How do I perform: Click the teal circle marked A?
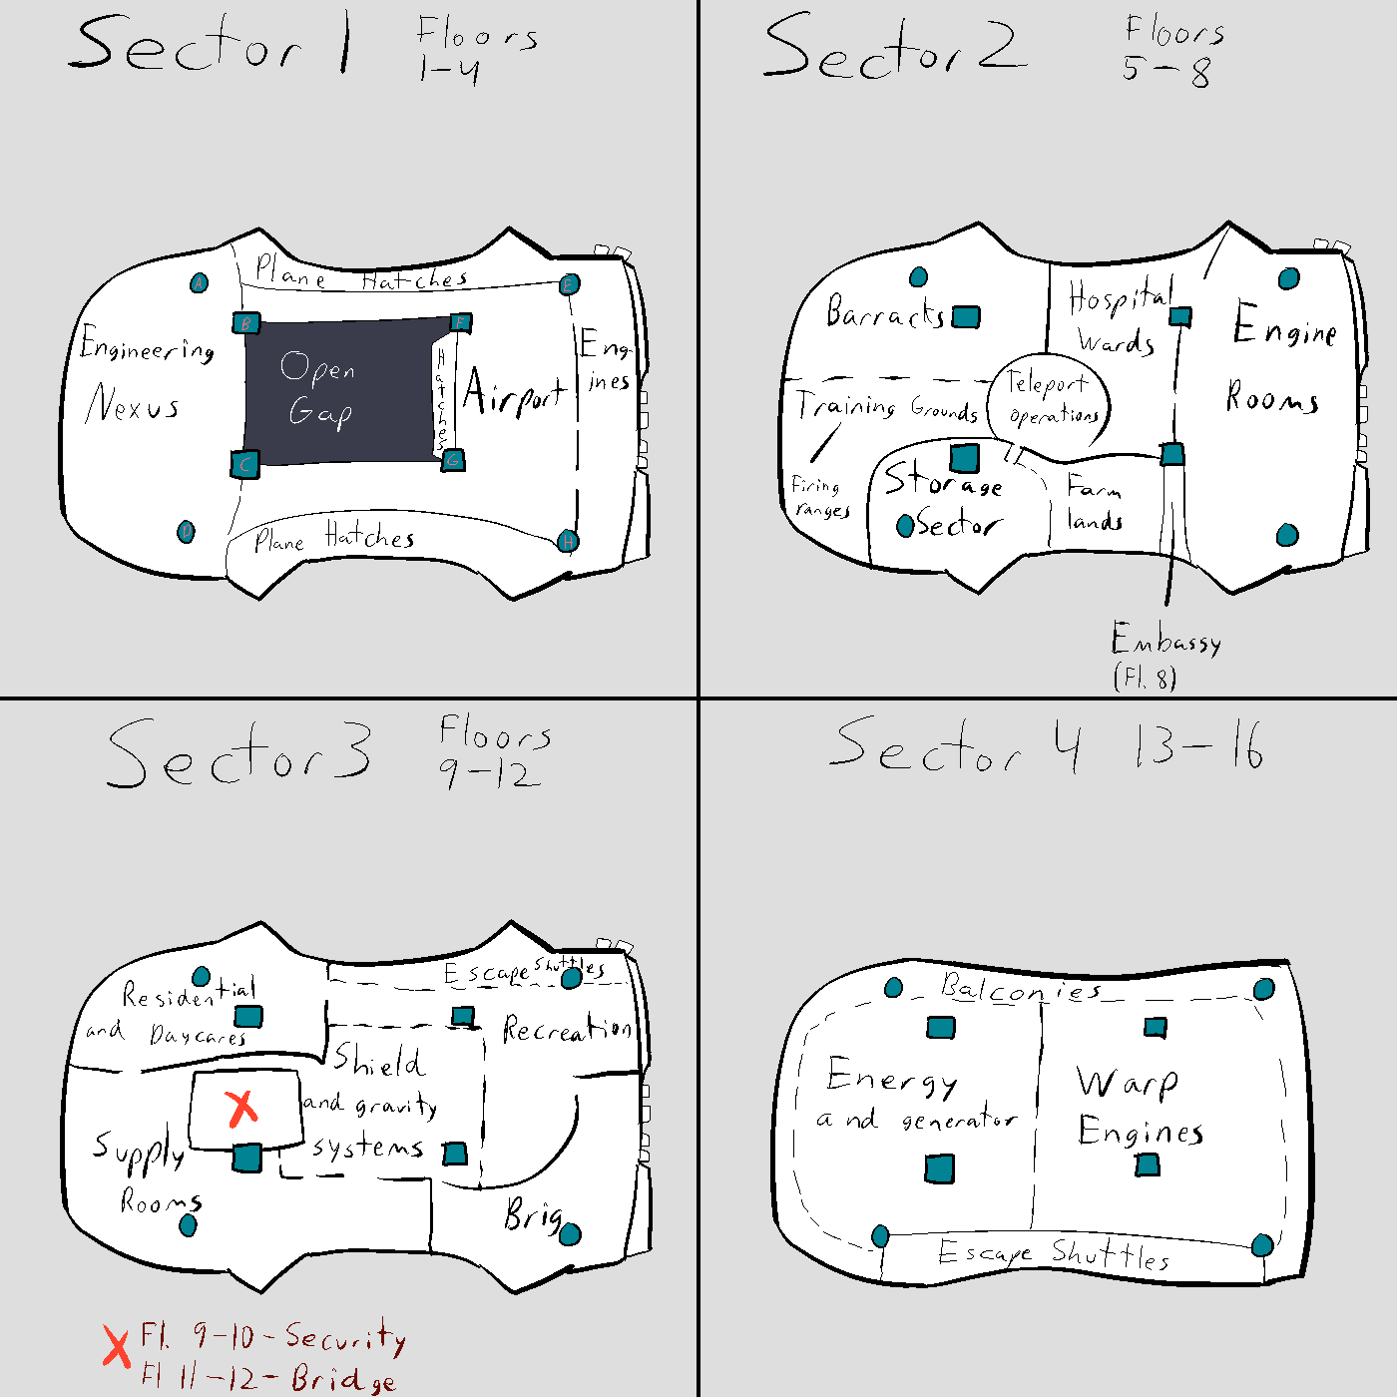tap(200, 283)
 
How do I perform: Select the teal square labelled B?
tap(245, 323)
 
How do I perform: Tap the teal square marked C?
tap(244, 464)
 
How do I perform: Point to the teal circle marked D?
tap(186, 531)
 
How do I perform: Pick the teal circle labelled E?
tap(569, 284)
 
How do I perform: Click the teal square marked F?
tap(459, 322)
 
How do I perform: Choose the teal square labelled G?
tap(453, 460)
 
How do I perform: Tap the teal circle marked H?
tap(567, 541)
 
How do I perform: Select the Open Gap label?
tap(318, 389)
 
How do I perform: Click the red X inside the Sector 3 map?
tap(241, 1107)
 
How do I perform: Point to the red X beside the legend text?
tap(117, 1346)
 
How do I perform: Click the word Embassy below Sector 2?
tap(1165, 639)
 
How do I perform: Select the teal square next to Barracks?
tap(965, 317)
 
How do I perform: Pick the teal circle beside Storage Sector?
tap(905, 525)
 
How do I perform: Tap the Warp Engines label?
tap(1138, 1108)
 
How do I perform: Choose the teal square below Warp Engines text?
tap(1148, 1164)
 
